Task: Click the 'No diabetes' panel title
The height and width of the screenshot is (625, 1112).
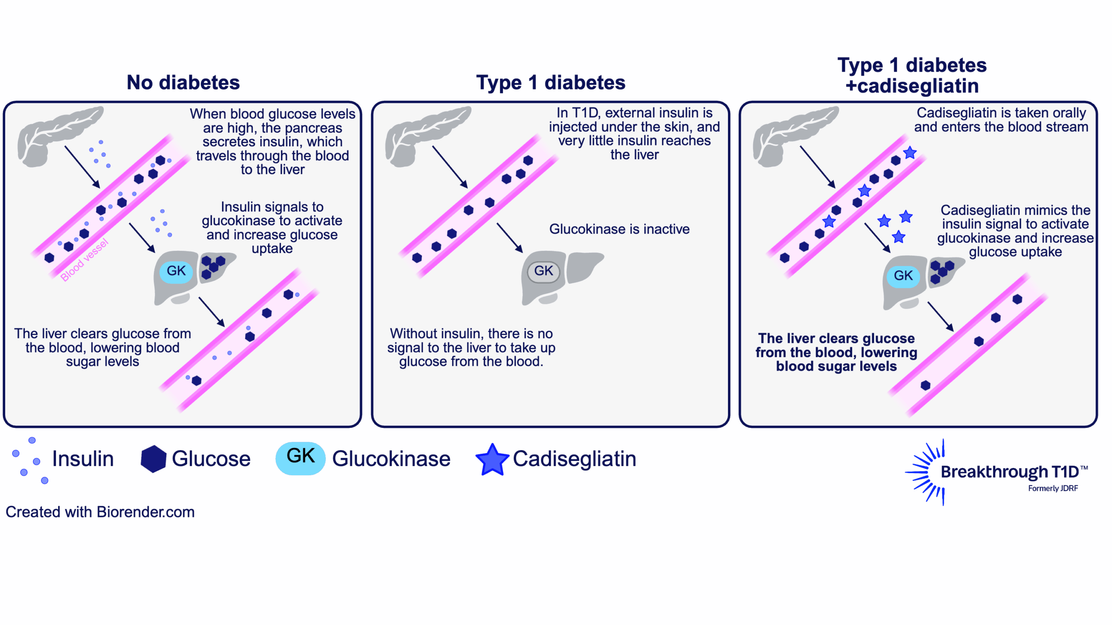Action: [183, 82]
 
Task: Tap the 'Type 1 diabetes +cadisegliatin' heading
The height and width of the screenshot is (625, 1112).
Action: [912, 76]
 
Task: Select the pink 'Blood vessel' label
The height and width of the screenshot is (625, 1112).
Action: [84, 260]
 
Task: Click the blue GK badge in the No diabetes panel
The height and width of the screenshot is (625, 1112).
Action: [176, 271]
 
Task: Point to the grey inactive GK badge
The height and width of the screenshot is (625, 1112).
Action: [543, 271]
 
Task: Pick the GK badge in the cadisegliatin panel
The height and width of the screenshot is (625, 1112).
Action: [903, 276]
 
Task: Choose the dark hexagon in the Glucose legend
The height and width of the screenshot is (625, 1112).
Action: [153, 459]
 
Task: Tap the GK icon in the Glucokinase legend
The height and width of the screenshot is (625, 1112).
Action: [301, 458]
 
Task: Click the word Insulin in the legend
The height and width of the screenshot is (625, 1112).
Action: [83, 459]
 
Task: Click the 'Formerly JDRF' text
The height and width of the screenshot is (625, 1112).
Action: [1052, 488]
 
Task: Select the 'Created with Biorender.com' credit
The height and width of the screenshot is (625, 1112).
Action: [100, 512]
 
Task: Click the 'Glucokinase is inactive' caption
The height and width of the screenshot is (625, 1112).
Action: [619, 229]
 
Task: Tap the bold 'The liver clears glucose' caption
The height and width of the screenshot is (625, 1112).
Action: [836, 352]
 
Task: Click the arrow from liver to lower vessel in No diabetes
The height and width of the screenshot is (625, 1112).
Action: [212, 312]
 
